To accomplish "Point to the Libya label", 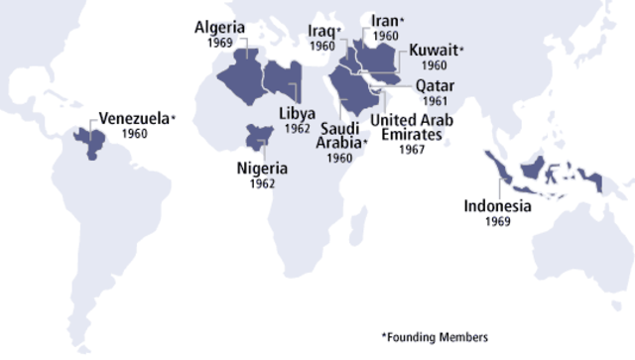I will (x=297, y=113).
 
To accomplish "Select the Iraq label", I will (x=321, y=32).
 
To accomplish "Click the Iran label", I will (x=384, y=21).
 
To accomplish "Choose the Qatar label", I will (x=435, y=86).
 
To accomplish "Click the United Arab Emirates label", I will (x=411, y=127).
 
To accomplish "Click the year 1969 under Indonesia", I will (x=498, y=223).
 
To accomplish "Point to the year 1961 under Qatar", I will (x=435, y=101).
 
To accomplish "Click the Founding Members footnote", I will (x=435, y=336).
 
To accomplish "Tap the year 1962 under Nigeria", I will (x=262, y=184).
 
